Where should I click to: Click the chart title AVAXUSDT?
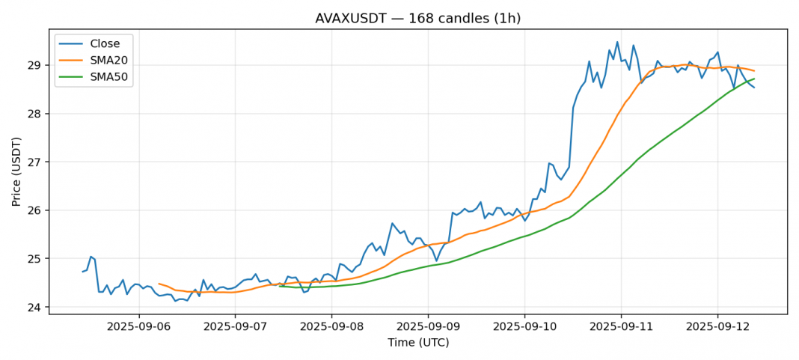(x=417, y=18)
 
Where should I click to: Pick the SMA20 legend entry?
(x=105, y=60)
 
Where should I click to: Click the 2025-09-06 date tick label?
(x=138, y=326)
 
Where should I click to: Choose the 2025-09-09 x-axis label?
(x=428, y=326)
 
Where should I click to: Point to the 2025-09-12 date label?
(x=717, y=326)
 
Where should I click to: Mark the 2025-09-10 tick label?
(x=524, y=326)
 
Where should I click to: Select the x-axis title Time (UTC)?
(x=417, y=342)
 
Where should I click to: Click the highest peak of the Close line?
(x=617, y=42)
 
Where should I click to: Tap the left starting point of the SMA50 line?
(x=280, y=286)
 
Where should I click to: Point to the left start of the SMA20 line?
(x=159, y=284)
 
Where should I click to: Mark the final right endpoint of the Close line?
(x=754, y=88)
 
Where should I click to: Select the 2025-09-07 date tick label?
(x=235, y=326)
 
